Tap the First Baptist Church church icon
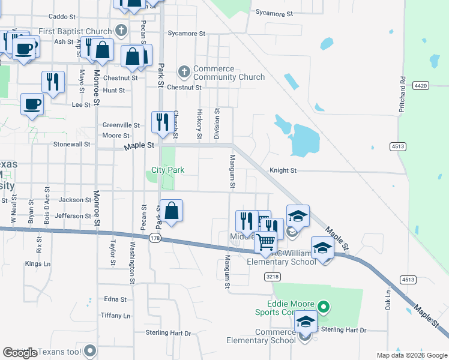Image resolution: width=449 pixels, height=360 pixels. coord(121,31)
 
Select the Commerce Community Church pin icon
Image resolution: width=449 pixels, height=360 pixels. coord(184,72)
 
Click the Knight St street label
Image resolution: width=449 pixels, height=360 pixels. coord(283,170)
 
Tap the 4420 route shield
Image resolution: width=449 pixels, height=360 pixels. coord(421,86)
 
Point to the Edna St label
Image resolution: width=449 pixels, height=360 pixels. coord(115,299)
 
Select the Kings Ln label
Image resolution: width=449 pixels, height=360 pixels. coord(38,263)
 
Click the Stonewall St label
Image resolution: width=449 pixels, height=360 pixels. coord(71,144)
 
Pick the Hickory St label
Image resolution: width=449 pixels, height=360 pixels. coord(199,120)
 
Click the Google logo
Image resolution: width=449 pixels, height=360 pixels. coord(20,353)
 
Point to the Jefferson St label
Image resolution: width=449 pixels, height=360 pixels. coord(73,215)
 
